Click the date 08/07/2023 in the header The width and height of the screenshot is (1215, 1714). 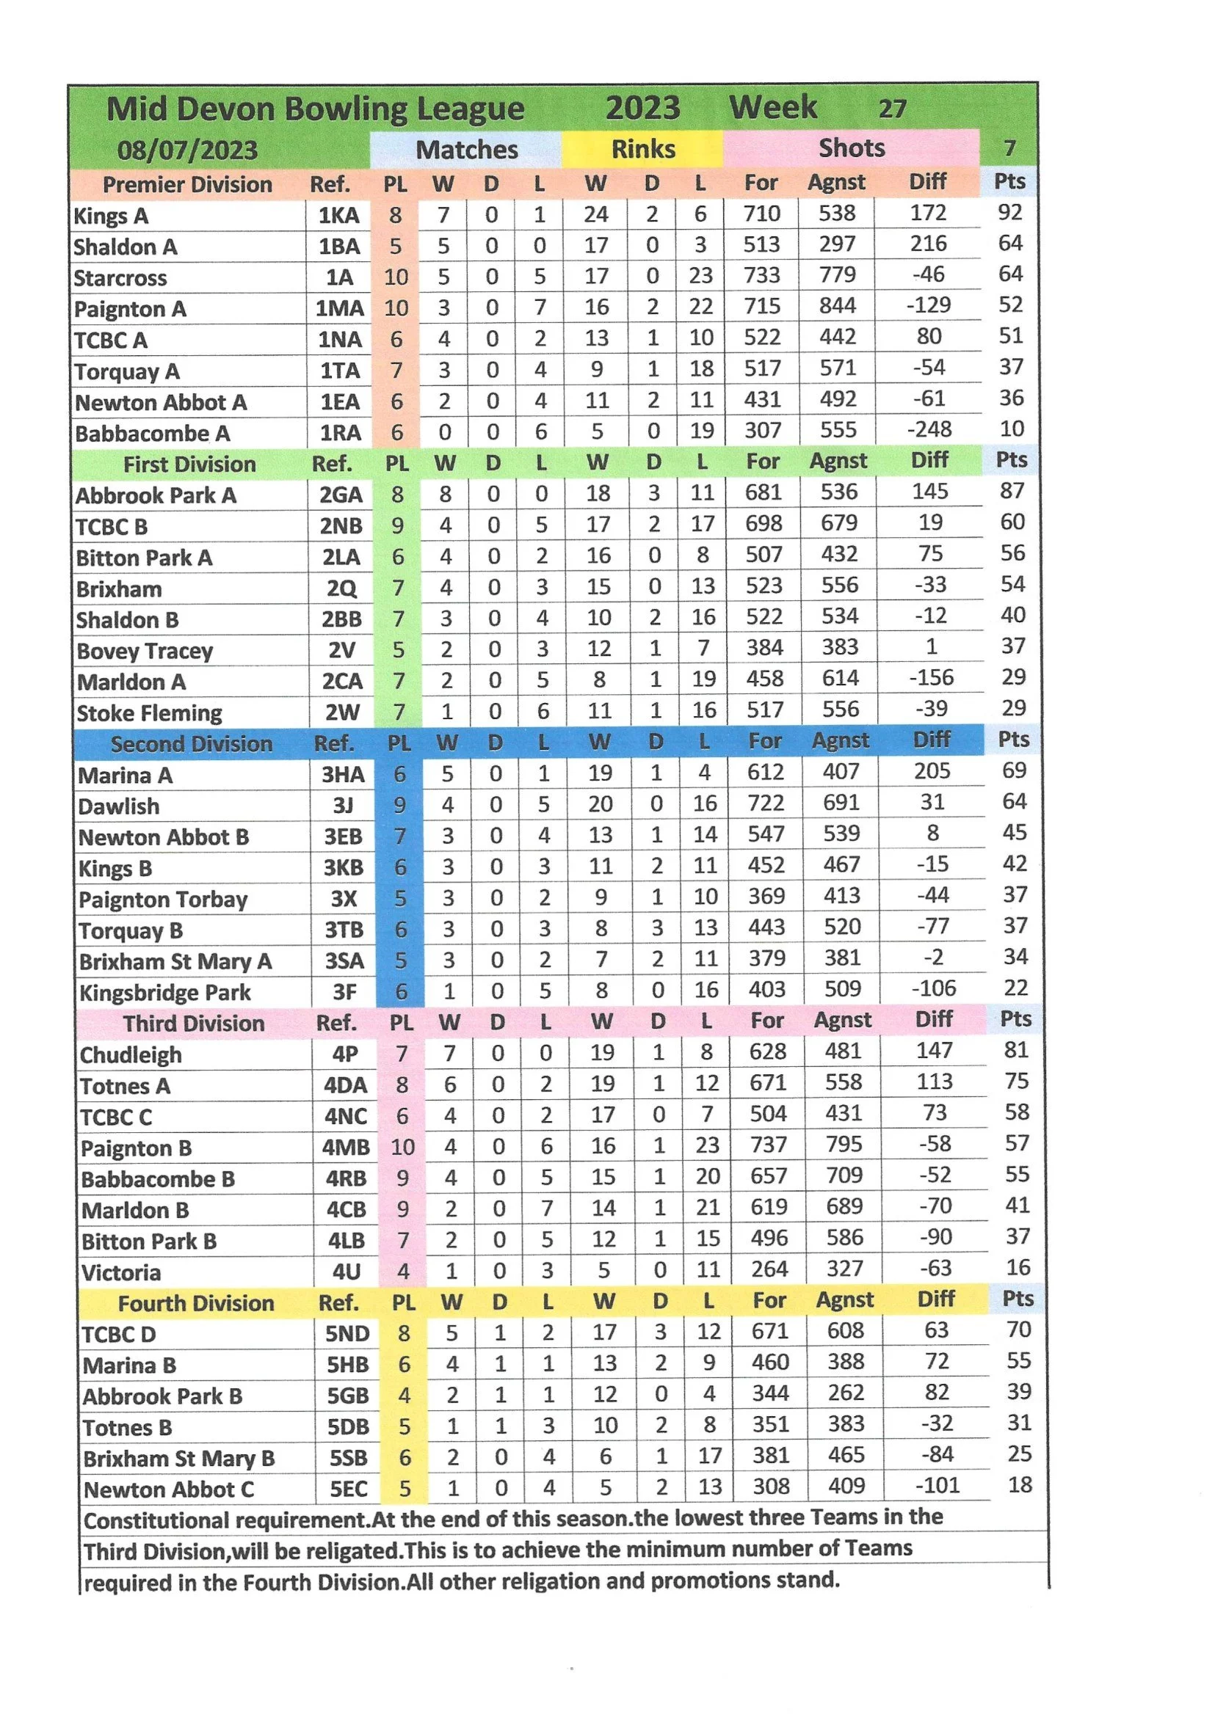pos(187,150)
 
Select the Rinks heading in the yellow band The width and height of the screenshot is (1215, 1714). pos(642,149)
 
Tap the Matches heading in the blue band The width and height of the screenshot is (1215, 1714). pos(466,150)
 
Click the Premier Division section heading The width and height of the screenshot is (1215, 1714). pos(187,185)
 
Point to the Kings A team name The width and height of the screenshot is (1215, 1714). pos(111,216)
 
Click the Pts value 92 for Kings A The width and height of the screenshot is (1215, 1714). pos(1009,212)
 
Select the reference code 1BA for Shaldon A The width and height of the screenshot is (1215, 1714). pos(339,247)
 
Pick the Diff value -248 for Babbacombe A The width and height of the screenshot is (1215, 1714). pos(929,429)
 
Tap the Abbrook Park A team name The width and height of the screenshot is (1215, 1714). pos(156,495)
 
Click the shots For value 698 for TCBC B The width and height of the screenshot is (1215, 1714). pos(763,523)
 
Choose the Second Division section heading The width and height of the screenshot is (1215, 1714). pos(192,744)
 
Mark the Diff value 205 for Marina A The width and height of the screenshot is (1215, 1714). pos(932,771)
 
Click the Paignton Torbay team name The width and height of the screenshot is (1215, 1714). pos(163,900)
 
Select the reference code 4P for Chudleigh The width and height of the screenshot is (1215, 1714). pos(345,1054)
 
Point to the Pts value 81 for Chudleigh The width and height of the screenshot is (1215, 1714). pos(1015,1050)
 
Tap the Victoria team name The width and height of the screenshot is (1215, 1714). pos(121,1272)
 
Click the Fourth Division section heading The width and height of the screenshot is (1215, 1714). pos(196,1303)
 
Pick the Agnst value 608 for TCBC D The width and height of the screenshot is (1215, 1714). pos(846,1330)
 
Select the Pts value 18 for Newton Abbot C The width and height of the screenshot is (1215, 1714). pos(1020,1484)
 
